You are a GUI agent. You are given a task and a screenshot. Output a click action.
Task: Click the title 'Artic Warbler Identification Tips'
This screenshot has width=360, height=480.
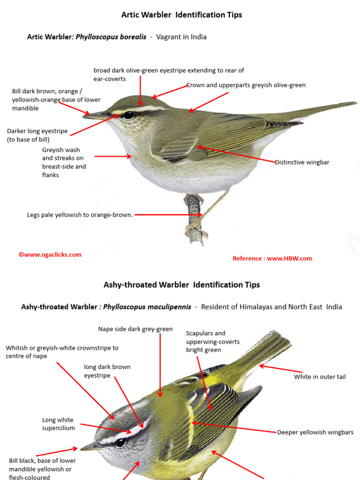[181, 15]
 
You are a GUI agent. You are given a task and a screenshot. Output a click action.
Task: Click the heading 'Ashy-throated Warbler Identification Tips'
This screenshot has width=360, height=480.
[181, 285]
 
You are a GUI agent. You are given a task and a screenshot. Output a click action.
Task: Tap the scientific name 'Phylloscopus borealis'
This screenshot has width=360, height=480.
[111, 37]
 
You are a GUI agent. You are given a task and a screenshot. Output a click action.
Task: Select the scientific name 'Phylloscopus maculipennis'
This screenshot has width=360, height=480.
[147, 307]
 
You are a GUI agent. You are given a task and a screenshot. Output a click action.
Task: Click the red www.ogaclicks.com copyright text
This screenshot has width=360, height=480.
[50, 255]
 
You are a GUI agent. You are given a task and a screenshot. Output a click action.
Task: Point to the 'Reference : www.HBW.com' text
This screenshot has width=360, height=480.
[272, 258]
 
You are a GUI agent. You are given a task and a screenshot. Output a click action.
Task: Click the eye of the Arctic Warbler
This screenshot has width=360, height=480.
[128, 115]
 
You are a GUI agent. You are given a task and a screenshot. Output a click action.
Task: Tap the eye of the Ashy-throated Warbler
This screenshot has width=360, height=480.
[120, 442]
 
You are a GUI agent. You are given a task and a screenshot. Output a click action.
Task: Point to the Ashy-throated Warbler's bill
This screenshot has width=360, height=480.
[90, 447]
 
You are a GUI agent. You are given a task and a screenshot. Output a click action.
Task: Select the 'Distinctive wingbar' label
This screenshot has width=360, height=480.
[302, 162]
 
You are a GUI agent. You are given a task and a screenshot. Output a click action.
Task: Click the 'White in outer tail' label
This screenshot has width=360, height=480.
[320, 377]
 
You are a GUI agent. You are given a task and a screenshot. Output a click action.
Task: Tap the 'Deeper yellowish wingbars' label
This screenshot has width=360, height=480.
[315, 432]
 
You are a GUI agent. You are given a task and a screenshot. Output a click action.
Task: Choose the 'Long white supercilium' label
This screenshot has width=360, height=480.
[58, 424]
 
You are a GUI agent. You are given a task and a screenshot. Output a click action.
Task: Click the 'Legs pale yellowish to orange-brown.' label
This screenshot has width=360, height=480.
[80, 215]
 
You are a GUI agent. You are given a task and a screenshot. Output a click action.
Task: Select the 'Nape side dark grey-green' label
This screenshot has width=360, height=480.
[135, 329]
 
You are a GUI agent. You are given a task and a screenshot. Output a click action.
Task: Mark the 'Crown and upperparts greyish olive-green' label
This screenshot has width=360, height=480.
[246, 85]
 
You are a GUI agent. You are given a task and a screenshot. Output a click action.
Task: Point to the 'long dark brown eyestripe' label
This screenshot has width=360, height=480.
[107, 371]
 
